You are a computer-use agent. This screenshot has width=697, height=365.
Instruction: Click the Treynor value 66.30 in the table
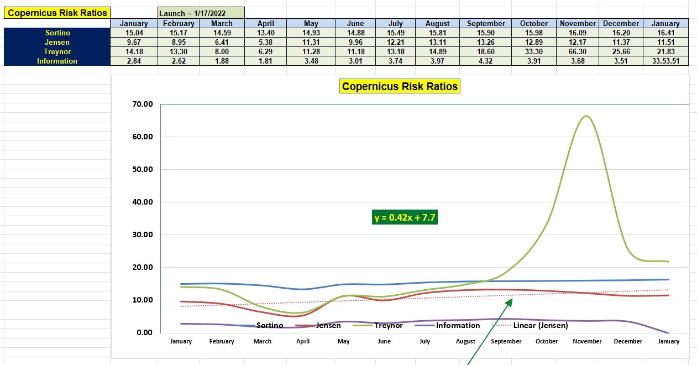578,51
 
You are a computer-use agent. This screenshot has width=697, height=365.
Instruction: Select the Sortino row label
57,33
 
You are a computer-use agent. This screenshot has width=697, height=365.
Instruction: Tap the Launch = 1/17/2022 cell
200,13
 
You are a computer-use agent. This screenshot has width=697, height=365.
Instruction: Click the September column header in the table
486,23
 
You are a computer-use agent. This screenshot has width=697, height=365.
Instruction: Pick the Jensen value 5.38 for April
265,42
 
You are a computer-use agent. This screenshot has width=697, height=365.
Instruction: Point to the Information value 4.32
486,61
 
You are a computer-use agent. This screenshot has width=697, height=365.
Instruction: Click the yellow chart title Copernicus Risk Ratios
400,86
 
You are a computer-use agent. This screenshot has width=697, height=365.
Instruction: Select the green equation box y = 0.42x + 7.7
405,217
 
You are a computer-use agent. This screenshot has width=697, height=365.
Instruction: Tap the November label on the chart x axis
587,341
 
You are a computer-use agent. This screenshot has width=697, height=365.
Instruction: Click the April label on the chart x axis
303,341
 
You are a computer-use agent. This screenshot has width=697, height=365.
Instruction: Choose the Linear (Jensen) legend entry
541,325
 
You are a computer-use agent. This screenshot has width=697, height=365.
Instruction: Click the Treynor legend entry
388,325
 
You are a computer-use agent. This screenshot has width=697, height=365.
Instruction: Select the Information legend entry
458,325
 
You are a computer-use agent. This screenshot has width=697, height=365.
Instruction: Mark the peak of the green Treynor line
586,116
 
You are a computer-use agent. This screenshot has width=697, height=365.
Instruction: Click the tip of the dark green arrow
512,299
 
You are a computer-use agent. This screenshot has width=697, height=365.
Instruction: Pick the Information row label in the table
57,61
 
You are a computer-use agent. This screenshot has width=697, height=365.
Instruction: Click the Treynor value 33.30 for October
534,51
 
